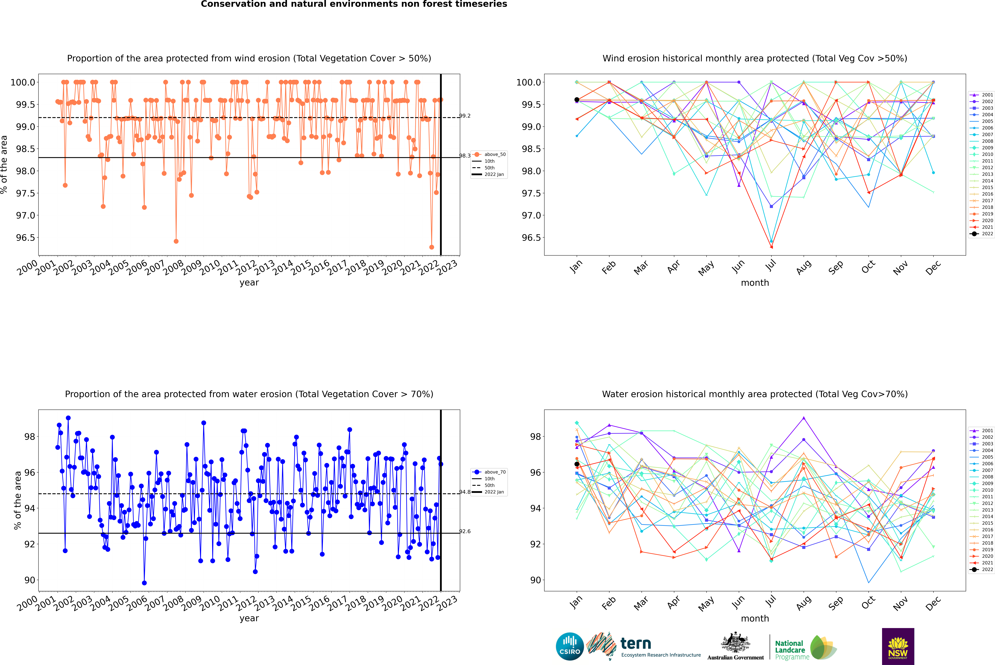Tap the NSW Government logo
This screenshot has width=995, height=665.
898,646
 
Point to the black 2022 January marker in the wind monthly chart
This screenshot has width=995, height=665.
577,100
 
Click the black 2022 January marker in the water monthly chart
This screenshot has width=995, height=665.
577,464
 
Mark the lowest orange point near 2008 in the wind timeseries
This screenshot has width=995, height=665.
176,241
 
